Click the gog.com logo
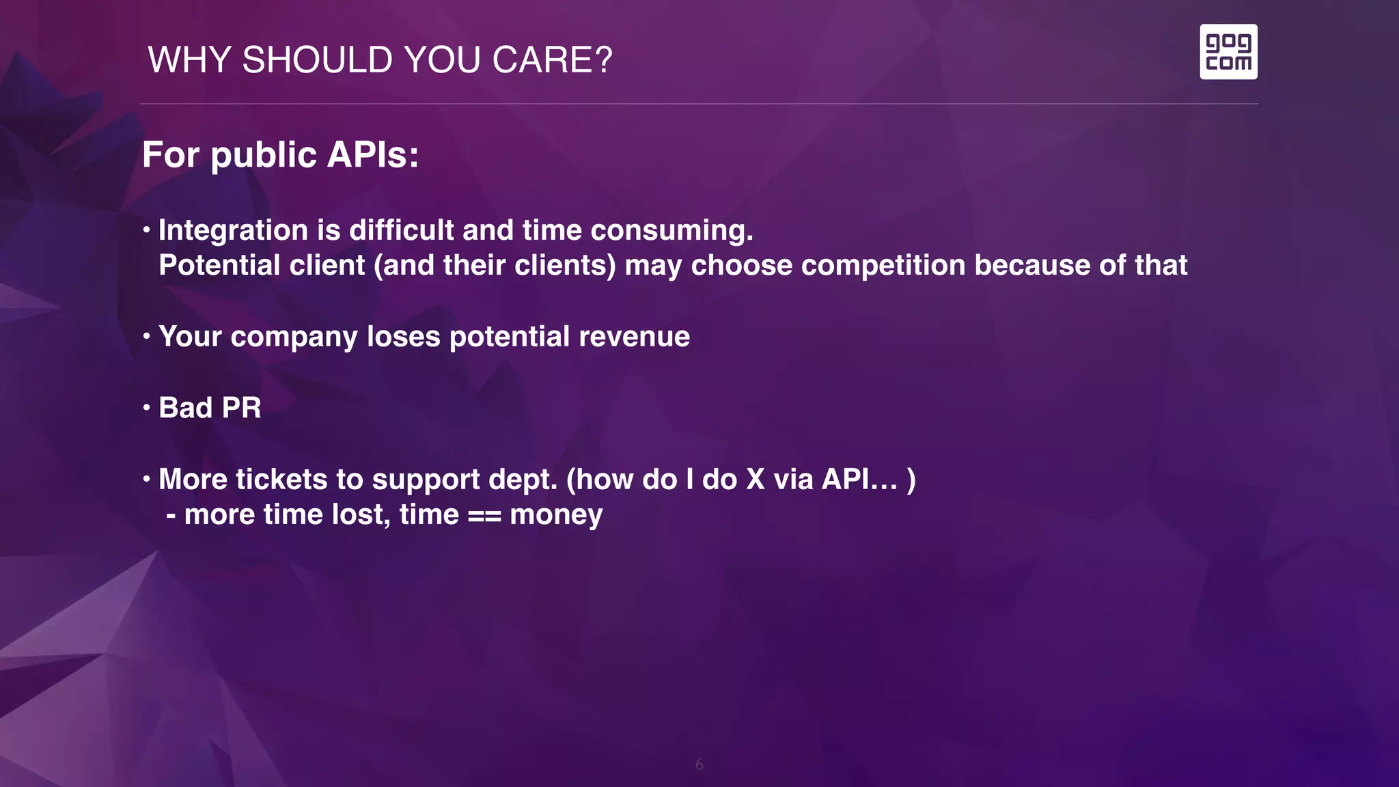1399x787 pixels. (1228, 52)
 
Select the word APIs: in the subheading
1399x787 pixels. (373, 154)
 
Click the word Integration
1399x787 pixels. (233, 230)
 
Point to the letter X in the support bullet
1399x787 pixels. (755, 480)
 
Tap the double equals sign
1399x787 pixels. (484, 515)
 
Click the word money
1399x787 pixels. (556, 515)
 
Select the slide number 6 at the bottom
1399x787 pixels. (699, 764)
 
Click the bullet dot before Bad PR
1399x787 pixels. (146, 408)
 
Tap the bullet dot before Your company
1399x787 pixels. (146, 336)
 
